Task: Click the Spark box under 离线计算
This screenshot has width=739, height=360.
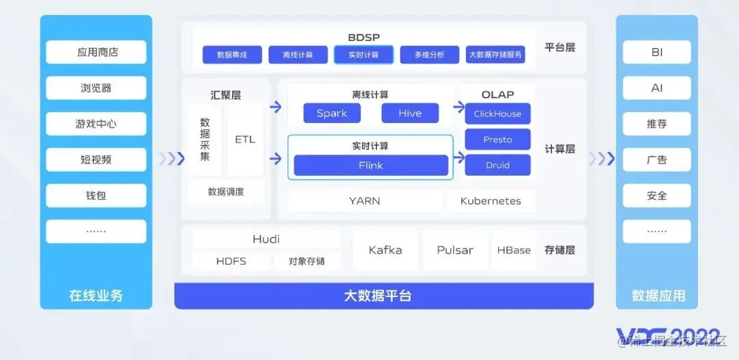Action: pos(332,114)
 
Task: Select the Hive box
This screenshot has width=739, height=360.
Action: pos(410,114)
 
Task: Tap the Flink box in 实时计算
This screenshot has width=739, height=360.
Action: pos(371,166)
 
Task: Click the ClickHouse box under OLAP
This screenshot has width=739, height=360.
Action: pos(497,114)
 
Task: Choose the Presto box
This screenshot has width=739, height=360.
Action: pos(497,140)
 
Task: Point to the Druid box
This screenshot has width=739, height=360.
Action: pos(497,166)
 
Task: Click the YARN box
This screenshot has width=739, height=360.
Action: pos(365,201)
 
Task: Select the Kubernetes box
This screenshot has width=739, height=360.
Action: pos(491,201)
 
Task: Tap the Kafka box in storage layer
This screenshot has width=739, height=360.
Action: pos(385,250)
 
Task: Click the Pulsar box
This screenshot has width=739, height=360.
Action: pos(455,250)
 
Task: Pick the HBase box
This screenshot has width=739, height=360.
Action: pos(514,250)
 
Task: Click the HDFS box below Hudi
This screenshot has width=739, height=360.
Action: pos(231,261)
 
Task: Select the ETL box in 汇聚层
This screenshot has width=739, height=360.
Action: pos(245,140)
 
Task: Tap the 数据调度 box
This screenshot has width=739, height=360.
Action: pos(226,192)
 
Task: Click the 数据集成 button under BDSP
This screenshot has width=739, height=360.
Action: pos(232,55)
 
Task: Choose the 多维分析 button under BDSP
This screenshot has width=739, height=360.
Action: pos(430,55)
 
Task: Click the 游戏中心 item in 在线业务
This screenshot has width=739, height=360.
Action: pos(96,124)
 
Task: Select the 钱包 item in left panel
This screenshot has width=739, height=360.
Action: pos(96,196)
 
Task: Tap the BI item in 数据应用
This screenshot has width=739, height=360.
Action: pos(656,52)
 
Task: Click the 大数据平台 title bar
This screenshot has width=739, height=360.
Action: pos(384,296)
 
